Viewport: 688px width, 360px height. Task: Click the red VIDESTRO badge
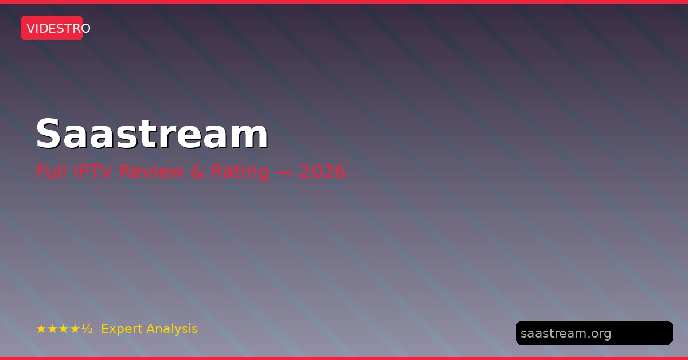point(52,28)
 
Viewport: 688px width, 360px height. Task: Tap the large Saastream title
point(152,134)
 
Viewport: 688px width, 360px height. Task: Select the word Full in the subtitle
point(51,171)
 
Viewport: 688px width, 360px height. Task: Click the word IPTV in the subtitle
point(92,171)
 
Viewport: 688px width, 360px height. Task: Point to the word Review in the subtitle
point(151,171)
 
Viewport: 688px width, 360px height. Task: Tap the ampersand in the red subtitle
point(197,171)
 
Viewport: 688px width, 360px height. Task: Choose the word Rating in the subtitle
point(240,172)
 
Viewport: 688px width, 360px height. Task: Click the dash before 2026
point(284,172)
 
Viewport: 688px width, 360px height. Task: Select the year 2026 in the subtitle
point(322,171)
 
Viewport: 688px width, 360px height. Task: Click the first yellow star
point(41,329)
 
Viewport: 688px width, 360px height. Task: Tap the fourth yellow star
point(75,329)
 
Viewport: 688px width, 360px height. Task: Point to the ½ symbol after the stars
point(87,328)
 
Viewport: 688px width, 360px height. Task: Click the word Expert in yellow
point(122,329)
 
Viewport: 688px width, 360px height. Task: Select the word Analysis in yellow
point(172,329)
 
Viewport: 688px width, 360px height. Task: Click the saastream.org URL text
point(566,334)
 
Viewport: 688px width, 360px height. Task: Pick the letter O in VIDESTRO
point(85,28)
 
